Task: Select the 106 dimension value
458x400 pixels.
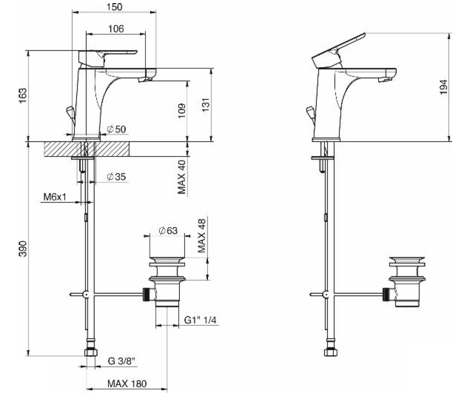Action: (x=116, y=29)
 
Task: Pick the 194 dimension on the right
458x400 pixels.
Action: (x=442, y=87)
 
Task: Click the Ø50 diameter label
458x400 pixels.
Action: (x=116, y=129)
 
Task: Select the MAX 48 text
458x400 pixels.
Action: (x=202, y=236)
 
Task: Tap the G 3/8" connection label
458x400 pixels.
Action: (x=122, y=361)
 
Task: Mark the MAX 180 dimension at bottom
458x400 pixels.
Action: (x=127, y=384)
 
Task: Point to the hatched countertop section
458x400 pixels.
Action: (x=112, y=148)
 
